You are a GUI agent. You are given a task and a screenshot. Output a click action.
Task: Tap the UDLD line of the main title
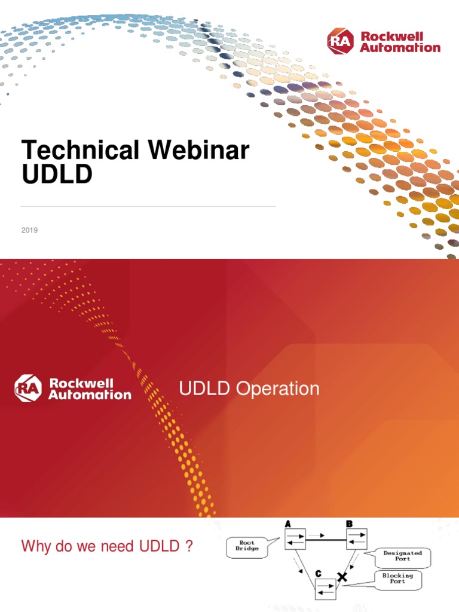click(57, 174)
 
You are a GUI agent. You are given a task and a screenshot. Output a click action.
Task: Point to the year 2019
click(29, 230)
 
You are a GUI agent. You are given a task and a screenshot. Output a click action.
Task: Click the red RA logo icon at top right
click(341, 42)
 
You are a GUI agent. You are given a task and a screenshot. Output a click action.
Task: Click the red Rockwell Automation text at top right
click(400, 42)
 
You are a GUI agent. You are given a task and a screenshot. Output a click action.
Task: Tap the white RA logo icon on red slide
click(28, 388)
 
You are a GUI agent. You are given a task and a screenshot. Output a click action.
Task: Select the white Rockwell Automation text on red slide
click(90, 388)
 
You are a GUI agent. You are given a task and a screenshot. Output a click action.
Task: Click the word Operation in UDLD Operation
click(278, 389)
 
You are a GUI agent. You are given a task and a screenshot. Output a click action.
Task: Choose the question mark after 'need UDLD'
click(189, 546)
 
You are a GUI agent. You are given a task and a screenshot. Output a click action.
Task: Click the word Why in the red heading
click(33, 546)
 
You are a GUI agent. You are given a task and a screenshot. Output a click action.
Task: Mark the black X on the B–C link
click(342, 577)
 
